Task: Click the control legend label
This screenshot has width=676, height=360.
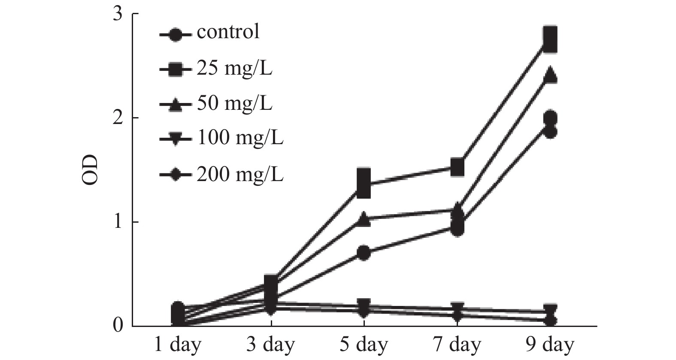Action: click(x=228, y=32)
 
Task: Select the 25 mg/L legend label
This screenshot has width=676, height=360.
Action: click(x=234, y=68)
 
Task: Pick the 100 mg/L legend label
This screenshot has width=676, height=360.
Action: click(x=240, y=139)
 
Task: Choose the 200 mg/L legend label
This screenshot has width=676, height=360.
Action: click(x=240, y=174)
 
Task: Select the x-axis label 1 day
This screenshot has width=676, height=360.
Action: click(x=178, y=345)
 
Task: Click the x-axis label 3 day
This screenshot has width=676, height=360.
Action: click(x=271, y=345)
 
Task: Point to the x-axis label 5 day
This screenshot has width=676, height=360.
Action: click(x=364, y=345)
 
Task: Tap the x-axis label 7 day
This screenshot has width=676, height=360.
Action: click(x=457, y=345)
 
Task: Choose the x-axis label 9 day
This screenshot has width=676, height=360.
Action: click(x=550, y=345)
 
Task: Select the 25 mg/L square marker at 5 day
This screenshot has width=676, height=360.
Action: click(x=364, y=183)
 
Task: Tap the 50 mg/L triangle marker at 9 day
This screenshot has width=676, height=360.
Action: click(x=550, y=76)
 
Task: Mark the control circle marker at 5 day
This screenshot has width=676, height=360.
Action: click(x=364, y=253)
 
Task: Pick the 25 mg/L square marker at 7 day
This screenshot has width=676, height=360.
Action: click(x=458, y=167)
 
